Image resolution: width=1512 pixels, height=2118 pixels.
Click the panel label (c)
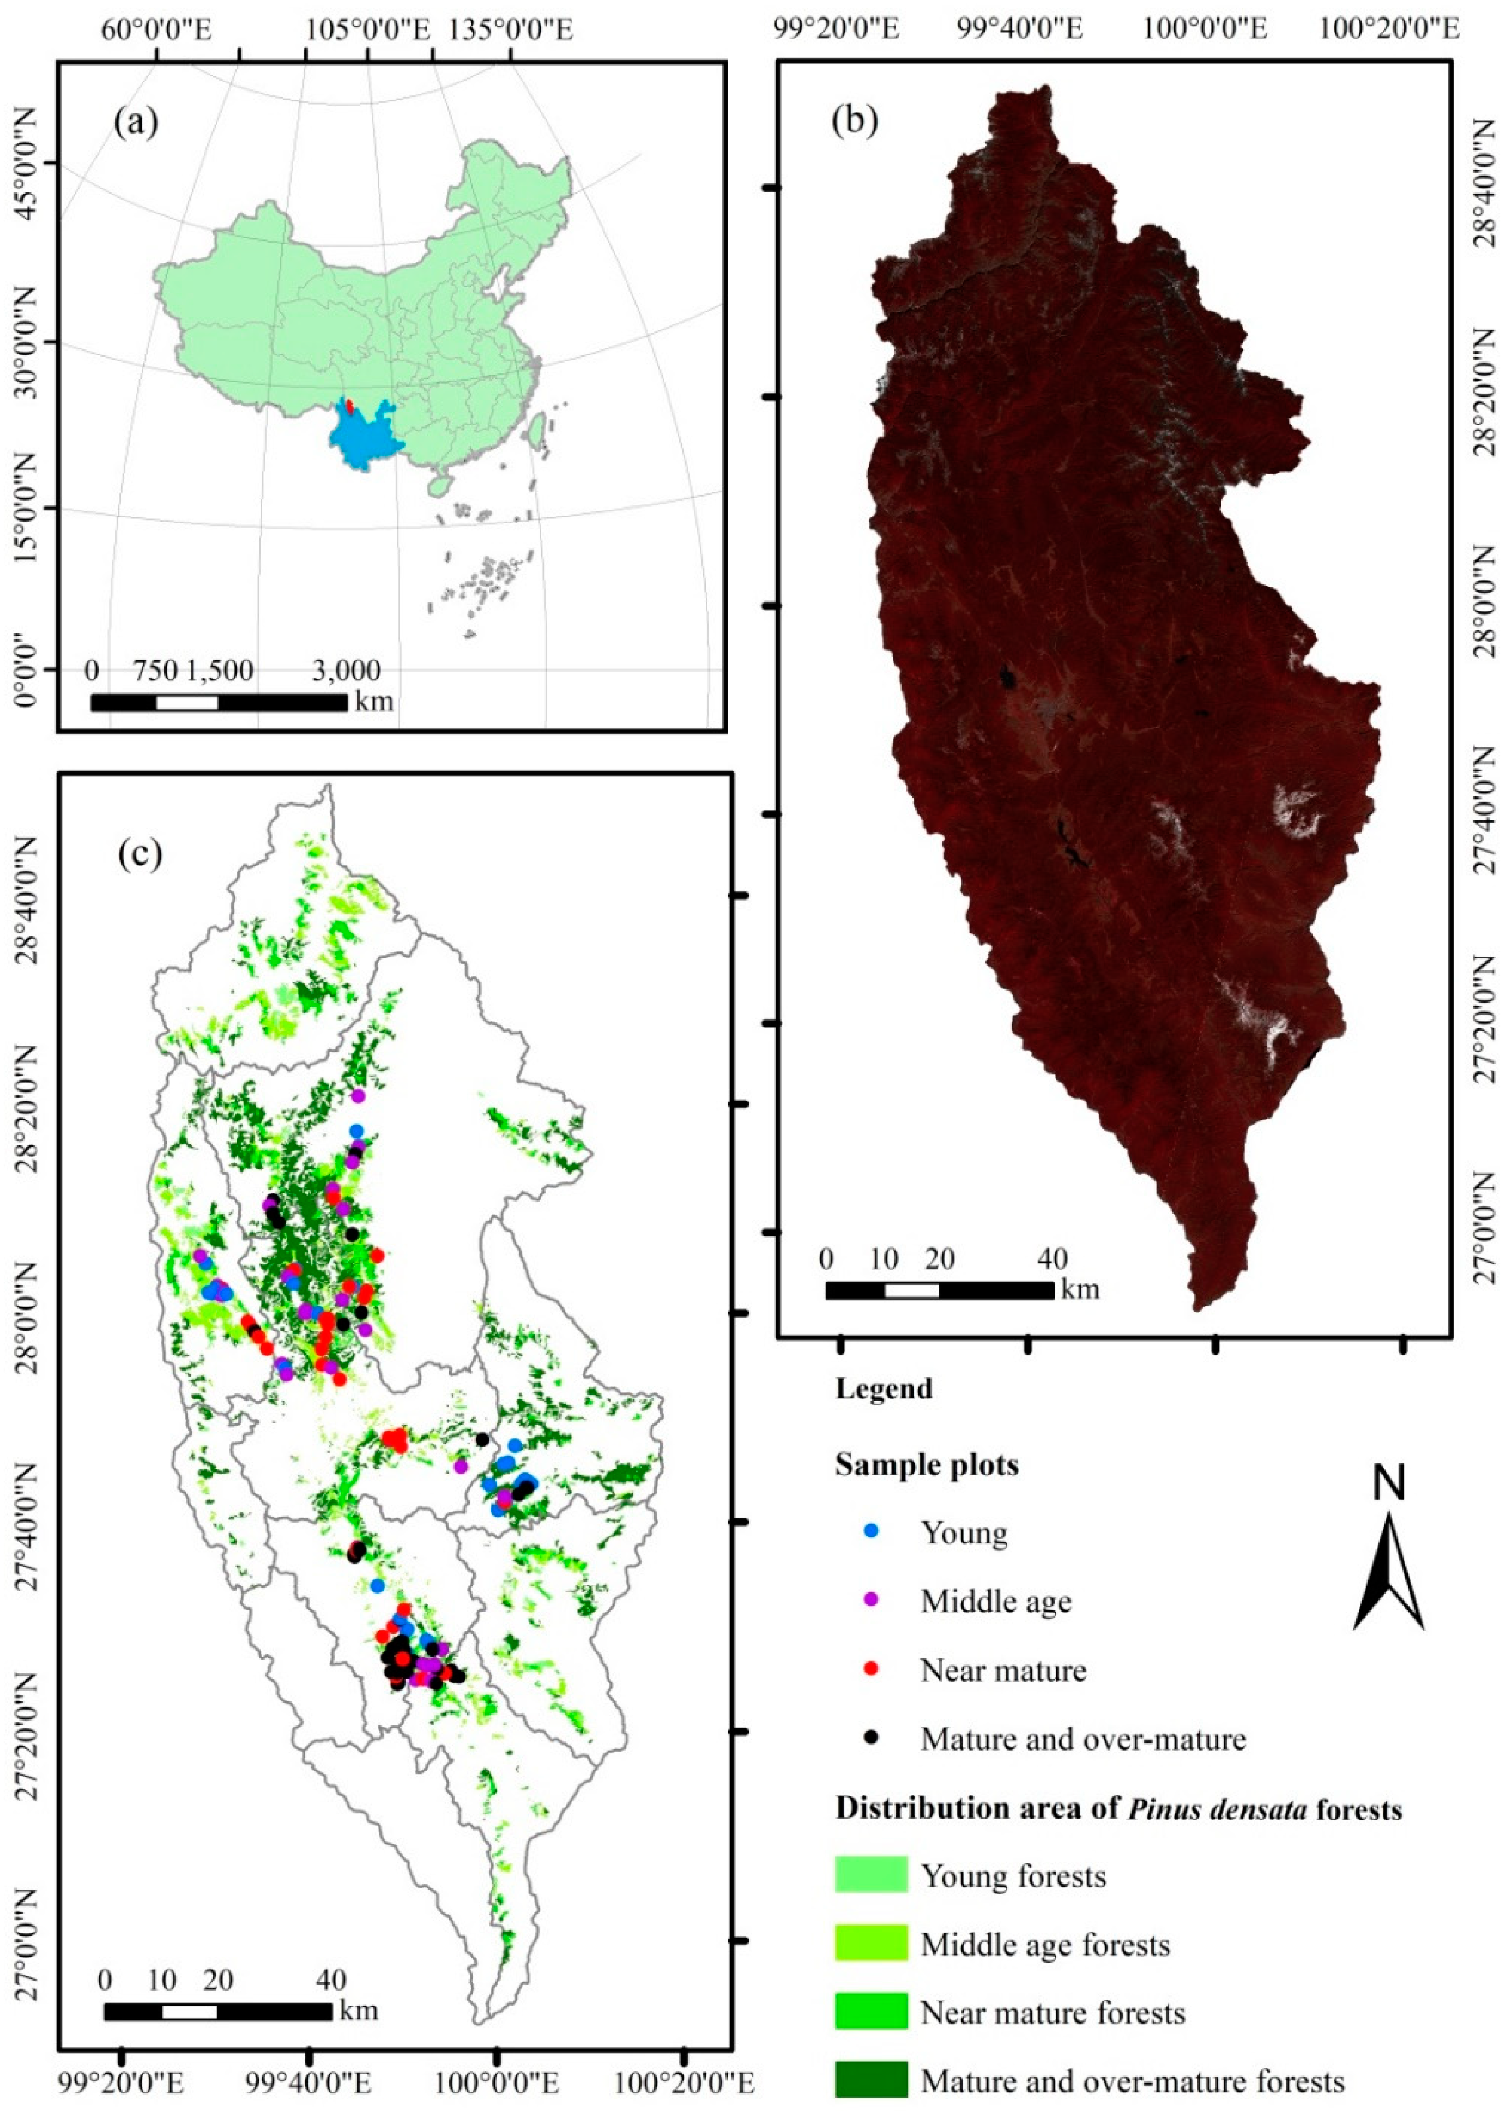(141, 853)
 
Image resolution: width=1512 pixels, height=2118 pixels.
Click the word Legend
(884, 1389)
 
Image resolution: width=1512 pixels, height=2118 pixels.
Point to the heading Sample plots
(927, 1464)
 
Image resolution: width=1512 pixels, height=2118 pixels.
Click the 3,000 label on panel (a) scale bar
(346, 671)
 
